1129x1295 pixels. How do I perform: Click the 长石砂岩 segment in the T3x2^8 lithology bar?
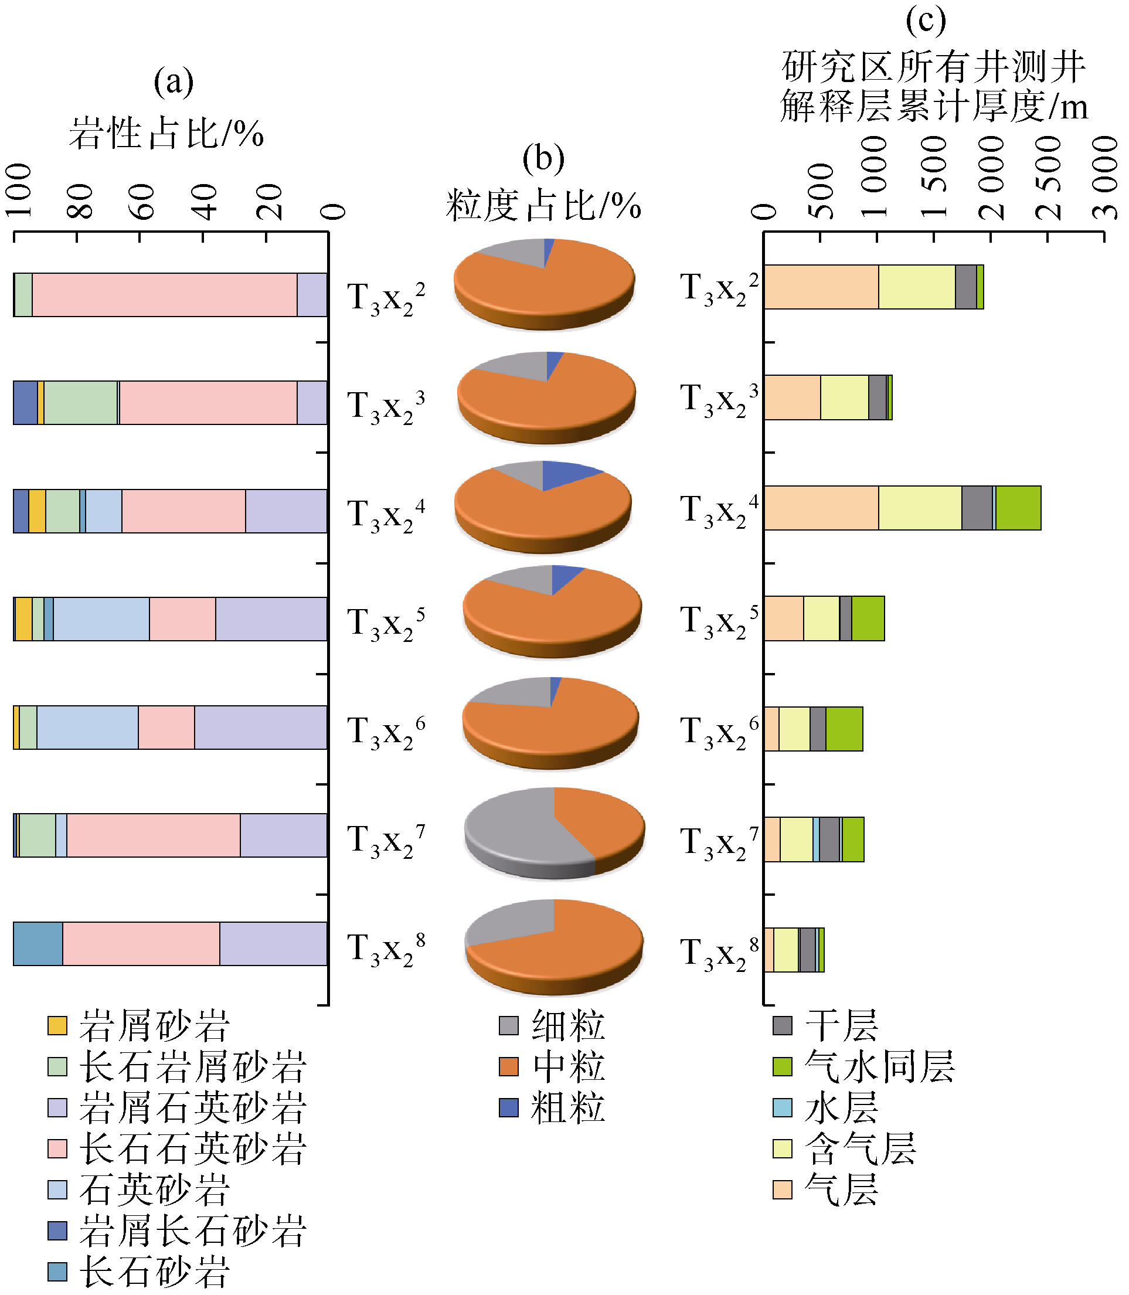click(x=38, y=943)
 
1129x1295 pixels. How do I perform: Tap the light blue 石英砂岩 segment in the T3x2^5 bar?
click(x=101, y=619)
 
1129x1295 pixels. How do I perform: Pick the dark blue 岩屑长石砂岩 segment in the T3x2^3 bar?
click(x=25, y=403)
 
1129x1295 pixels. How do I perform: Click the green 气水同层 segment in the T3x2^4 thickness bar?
click(x=1018, y=508)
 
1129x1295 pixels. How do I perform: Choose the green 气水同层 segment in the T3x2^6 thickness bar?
click(x=844, y=729)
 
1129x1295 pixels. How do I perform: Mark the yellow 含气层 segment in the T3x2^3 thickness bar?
click(x=844, y=397)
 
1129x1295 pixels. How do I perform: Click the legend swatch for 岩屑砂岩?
click(x=57, y=1025)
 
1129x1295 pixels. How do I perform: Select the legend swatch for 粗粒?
click(x=508, y=1107)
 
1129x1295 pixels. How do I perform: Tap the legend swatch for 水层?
click(x=783, y=1107)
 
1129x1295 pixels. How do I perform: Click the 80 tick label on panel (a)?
click(x=80, y=202)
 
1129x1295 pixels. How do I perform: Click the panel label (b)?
click(x=543, y=158)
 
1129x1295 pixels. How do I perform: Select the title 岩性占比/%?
click(x=166, y=133)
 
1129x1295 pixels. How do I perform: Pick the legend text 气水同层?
click(x=879, y=1066)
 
